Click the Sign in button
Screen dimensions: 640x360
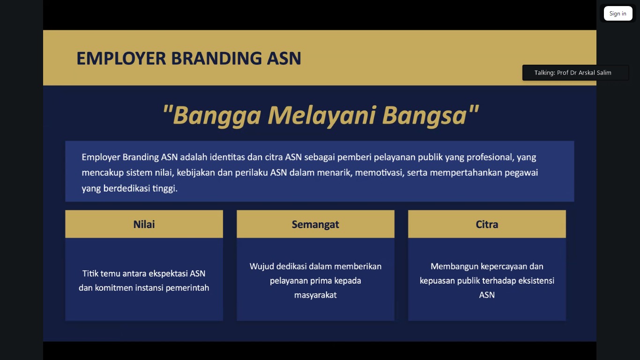(618, 14)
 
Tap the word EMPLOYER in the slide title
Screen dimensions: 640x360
(121, 58)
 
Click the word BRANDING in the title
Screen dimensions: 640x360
(216, 58)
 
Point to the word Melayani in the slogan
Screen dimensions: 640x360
(321, 115)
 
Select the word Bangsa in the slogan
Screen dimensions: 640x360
(424, 115)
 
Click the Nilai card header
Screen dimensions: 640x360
(144, 224)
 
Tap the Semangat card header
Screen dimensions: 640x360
(315, 224)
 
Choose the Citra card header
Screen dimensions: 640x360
(487, 224)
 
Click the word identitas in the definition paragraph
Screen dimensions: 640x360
(227, 157)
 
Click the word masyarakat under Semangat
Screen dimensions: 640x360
(315, 295)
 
